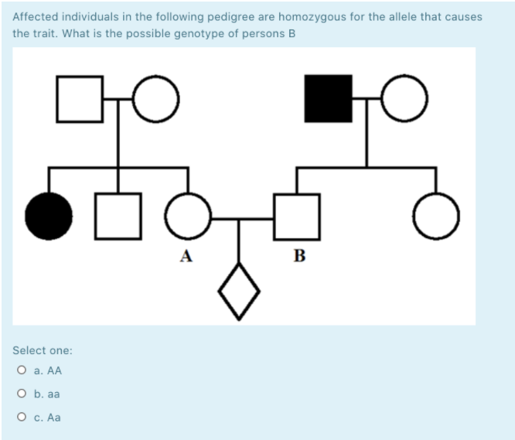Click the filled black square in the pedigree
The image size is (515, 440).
click(328, 98)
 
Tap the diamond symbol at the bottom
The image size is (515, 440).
click(239, 291)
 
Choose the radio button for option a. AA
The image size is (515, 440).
click(22, 371)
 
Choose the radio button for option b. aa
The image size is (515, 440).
click(22, 394)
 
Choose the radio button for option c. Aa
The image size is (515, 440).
click(22, 418)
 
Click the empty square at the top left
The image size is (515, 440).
click(80, 98)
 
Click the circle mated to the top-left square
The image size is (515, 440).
click(156, 98)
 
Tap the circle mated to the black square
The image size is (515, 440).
click(403, 98)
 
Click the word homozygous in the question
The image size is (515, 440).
click(299, 16)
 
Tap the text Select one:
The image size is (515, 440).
click(43, 350)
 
